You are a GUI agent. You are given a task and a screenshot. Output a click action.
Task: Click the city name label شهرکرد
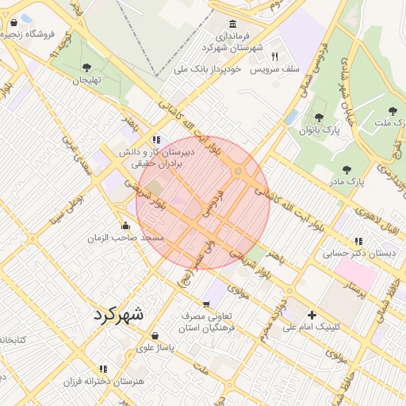click(x=119, y=313)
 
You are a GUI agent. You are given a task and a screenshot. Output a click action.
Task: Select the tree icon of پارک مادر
click(x=346, y=169)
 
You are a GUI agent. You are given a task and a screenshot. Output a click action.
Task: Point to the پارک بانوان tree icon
click(x=319, y=117)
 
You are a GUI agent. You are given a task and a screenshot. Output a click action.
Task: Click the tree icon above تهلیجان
click(x=86, y=67)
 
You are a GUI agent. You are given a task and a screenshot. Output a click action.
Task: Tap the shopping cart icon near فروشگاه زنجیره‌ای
click(x=13, y=23)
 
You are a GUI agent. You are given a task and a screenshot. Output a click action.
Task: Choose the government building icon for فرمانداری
click(x=232, y=24)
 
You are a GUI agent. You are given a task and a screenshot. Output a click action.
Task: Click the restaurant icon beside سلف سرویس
click(x=274, y=56)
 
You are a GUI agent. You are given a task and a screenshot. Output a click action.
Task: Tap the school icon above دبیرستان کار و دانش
click(x=157, y=139)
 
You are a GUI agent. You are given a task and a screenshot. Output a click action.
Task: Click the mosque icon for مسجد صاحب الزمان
click(x=125, y=225)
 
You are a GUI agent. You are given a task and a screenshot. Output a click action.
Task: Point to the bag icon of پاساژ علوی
click(x=154, y=335)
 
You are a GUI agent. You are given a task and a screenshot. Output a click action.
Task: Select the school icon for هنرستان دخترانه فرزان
click(x=103, y=369)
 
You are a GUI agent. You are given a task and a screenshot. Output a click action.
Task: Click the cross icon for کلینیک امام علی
click(x=312, y=315)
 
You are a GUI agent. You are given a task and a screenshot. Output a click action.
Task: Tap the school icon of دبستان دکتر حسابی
click(x=358, y=241)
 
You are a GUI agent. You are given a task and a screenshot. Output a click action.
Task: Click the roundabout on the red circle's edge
click(x=238, y=171)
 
